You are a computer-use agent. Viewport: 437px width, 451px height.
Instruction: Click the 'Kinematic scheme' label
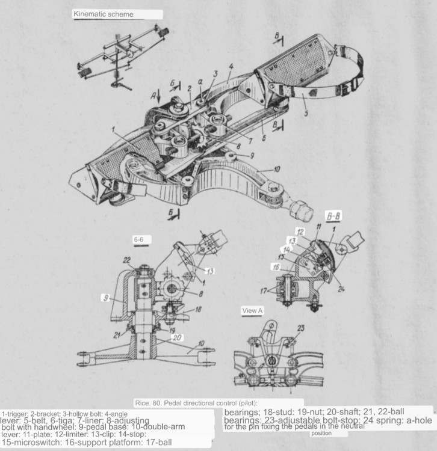[104, 14]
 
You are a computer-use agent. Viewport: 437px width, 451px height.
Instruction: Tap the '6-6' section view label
[138, 239]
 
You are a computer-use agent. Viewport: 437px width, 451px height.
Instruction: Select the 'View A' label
[252, 310]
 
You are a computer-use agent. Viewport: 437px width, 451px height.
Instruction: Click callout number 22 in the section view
[126, 259]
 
